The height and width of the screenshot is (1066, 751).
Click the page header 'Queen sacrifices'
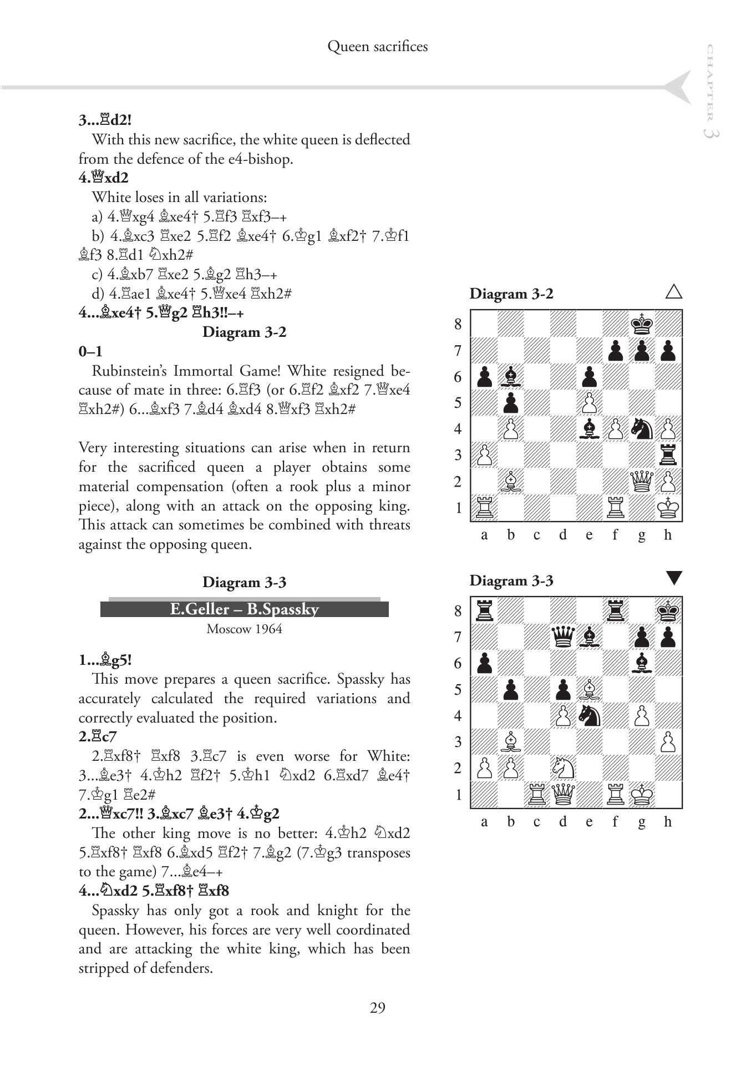(x=377, y=47)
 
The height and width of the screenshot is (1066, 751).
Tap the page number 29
(x=377, y=1008)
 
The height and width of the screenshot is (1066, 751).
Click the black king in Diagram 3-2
(x=642, y=324)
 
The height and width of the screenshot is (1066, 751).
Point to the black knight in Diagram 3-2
(x=642, y=429)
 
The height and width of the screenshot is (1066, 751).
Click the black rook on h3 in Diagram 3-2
(x=668, y=455)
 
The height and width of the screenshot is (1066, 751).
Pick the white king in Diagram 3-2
(x=668, y=508)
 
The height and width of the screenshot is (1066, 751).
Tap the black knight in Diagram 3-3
(x=590, y=716)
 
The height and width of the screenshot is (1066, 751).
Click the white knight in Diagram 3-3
(x=563, y=769)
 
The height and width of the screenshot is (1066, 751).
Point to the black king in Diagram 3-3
(x=668, y=610)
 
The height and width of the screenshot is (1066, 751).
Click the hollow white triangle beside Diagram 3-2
(x=673, y=292)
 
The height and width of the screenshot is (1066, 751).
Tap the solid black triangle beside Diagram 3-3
(x=673, y=579)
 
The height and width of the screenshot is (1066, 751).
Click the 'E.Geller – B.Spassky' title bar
(x=244, y=609)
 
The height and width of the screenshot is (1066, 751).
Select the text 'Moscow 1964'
(x=244, y=629)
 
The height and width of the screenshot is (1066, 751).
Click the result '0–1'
(x=90, y=352)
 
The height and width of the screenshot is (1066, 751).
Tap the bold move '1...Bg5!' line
(x=105, y=660)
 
